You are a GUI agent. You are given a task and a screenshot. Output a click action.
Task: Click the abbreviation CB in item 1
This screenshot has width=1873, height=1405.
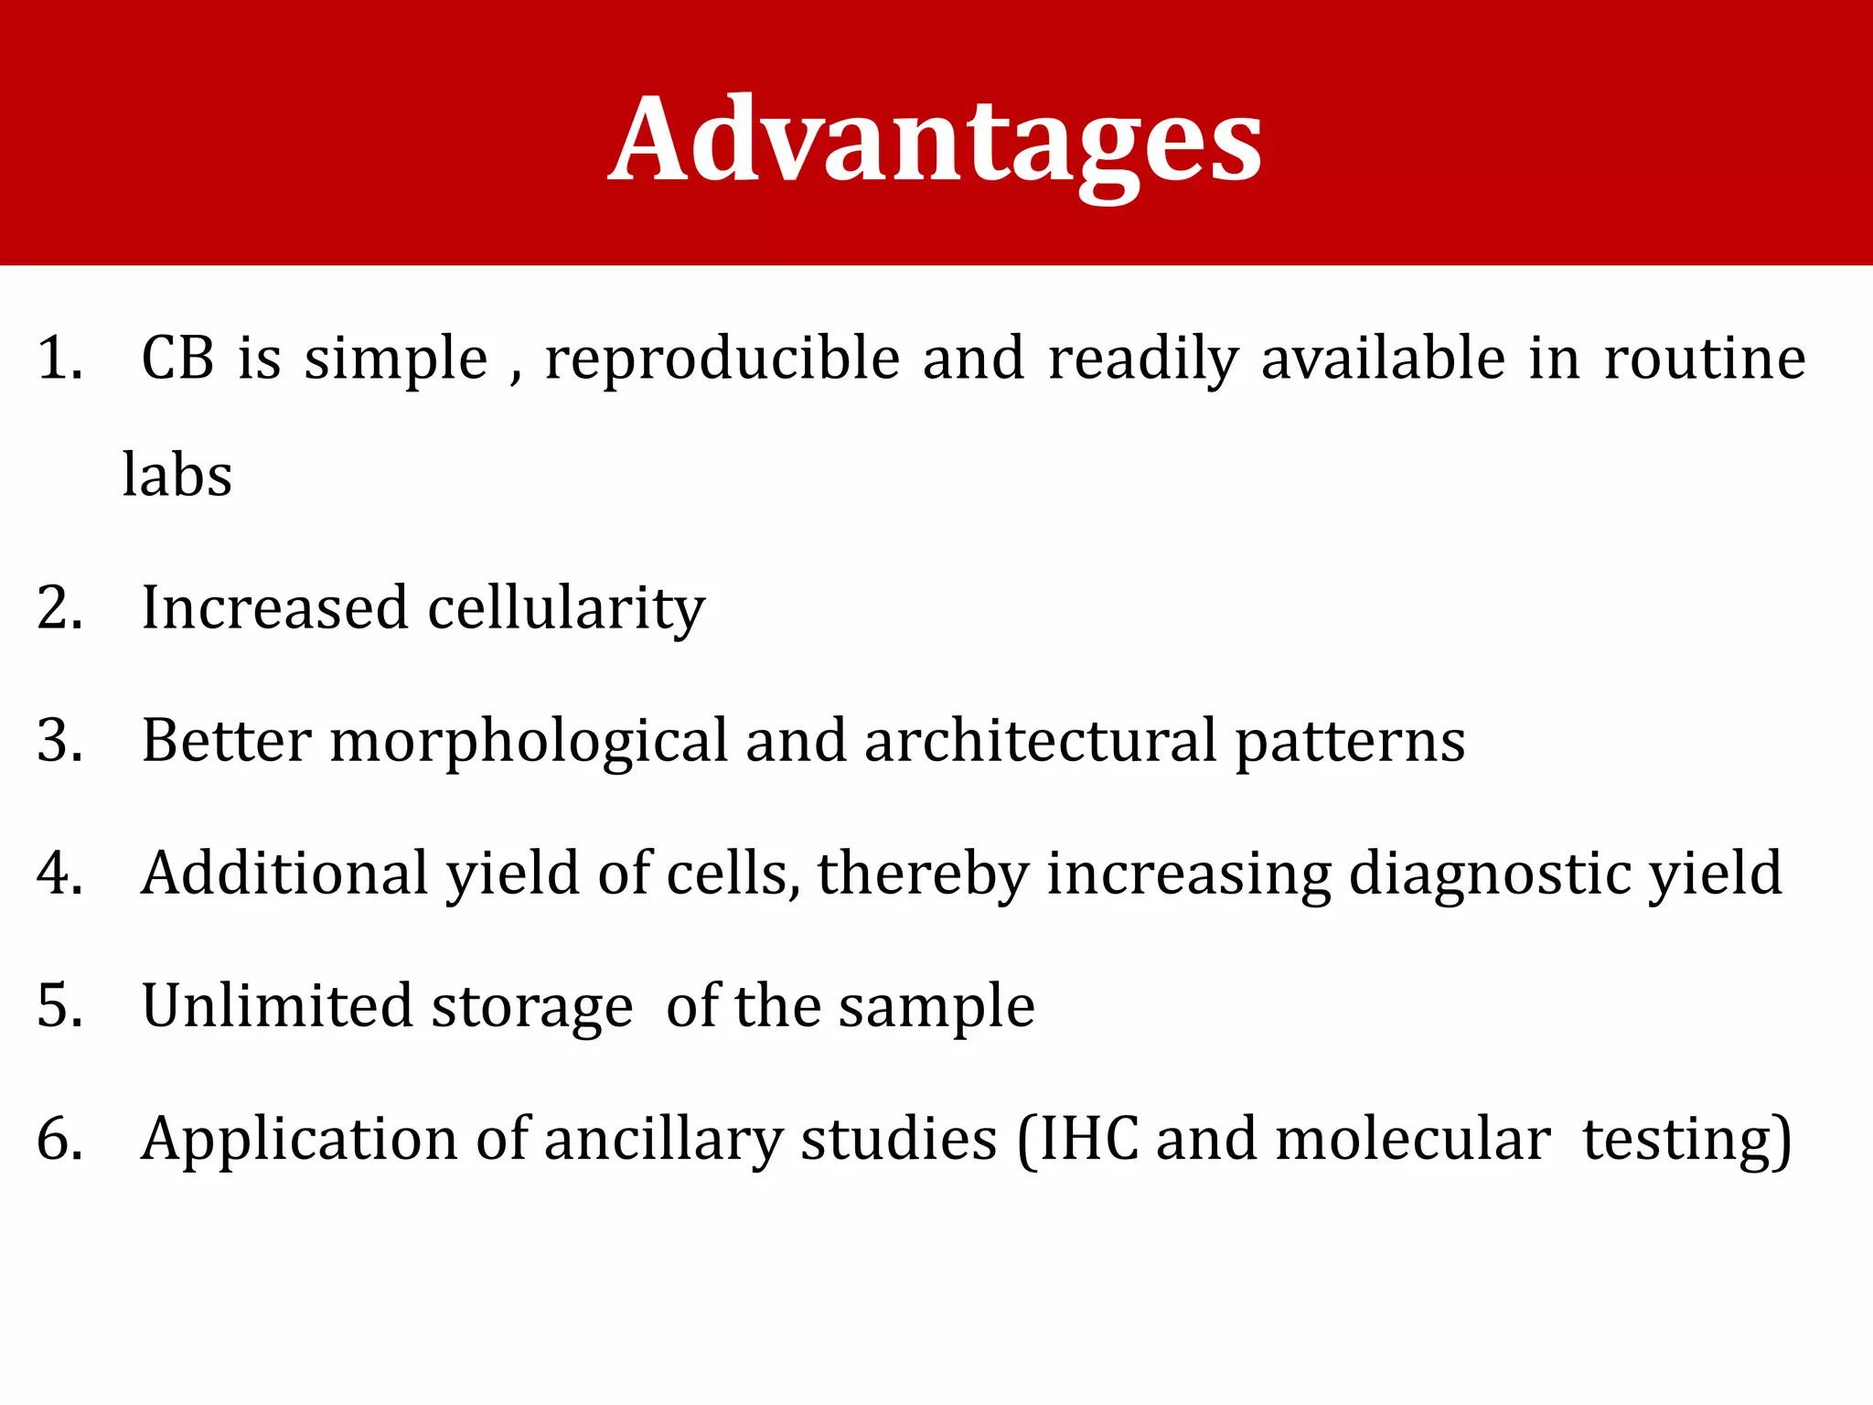178,358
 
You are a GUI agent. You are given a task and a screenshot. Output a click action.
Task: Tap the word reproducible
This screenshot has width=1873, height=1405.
722,358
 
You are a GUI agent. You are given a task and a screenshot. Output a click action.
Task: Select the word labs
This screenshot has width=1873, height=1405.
177,475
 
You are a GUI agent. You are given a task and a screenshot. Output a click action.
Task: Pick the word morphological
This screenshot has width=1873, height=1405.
529,741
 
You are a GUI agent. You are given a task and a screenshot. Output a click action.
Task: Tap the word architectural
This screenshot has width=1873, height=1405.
1040,741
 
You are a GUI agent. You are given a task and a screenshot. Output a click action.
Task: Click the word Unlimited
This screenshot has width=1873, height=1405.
277,1006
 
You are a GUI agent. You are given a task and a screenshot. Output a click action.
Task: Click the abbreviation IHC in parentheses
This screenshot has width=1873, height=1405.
1088,1140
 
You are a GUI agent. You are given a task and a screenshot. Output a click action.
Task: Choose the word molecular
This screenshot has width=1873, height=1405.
1412,1140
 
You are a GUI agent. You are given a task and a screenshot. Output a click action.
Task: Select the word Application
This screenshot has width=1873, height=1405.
298,1140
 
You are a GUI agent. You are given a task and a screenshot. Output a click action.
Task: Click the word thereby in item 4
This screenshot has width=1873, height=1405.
923,874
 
